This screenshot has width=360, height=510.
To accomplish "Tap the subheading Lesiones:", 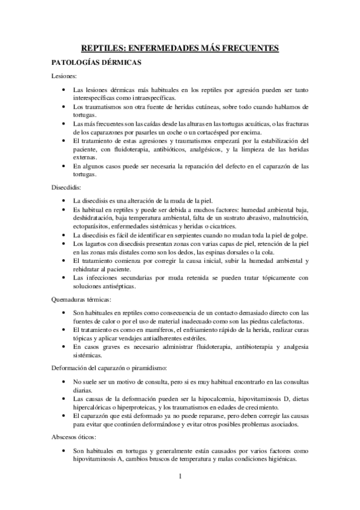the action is coord(64,76).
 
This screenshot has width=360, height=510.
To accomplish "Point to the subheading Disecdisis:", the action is coord(67,187).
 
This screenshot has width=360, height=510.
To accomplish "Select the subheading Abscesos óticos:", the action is coord(74,437).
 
